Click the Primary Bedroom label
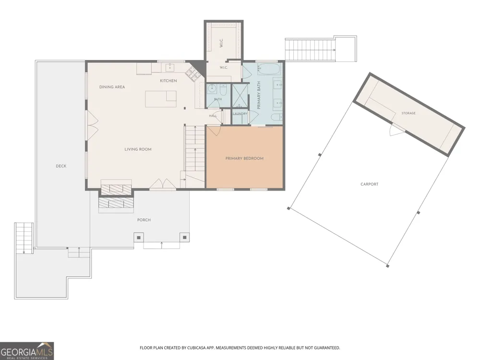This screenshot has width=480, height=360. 244,158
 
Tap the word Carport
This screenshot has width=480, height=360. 370,184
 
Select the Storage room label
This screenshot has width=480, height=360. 408,113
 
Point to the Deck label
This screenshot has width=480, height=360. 61,166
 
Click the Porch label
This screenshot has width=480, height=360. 144,220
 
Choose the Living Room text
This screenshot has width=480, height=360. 138,149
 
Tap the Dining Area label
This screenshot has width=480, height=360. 112,87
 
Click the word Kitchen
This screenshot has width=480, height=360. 168,81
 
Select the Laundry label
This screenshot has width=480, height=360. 240,114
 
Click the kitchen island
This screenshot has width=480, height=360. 161,99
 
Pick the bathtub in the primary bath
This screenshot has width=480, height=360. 269,69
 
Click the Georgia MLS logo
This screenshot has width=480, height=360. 26,351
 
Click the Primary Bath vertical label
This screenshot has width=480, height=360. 259,95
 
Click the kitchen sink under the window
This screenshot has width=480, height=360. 170,68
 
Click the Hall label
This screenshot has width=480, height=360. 213,116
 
